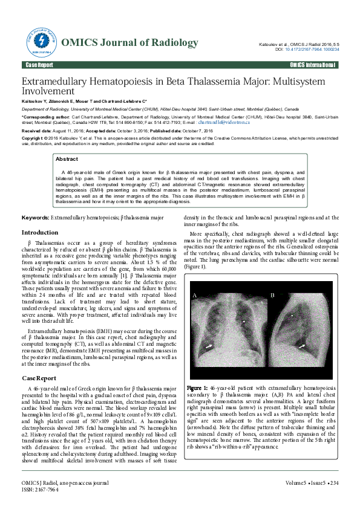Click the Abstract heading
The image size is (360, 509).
[x=67, y=159]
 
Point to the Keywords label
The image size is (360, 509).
[x=35, y=216]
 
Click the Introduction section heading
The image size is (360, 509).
[x=40, y=233]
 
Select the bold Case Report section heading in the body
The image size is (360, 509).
[x=39, y=378]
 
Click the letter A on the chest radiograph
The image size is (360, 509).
[x=195, y=295]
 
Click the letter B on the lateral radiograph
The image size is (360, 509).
[x=272, y=295]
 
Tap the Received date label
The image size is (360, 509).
[x=37, y=131]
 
